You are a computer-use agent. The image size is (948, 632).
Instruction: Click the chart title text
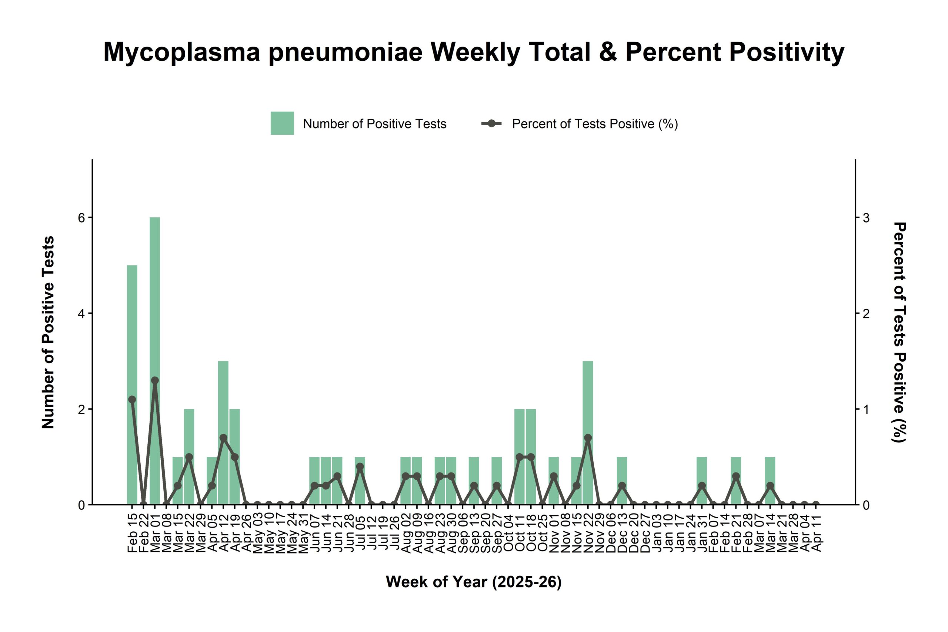click(x=474, y=52)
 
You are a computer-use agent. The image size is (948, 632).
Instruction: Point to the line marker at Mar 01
click(x=155, y=381)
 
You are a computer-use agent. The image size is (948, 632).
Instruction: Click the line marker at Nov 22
click(x=588, y=438)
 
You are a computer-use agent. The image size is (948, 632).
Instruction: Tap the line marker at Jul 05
click(x=360, y=467)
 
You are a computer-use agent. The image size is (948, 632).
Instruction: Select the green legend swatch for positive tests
click(x=282, y=123)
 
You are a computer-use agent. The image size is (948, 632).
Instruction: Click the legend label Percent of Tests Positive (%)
click(x=595, y=124)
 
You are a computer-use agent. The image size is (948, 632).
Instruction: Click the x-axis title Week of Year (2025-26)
click(x=474, y=582)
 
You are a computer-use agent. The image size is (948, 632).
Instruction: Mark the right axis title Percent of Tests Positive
click(x=899, y=332)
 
